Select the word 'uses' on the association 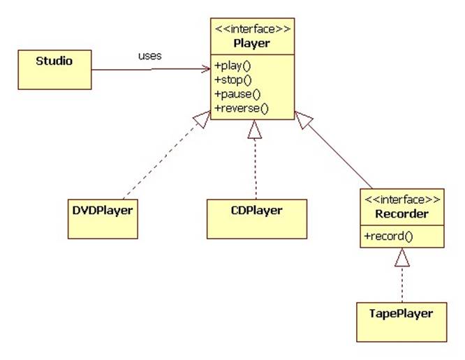click(150, 56)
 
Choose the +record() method click(388, 236)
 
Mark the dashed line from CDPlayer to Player click(256, 167)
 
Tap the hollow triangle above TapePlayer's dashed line click(401, 259)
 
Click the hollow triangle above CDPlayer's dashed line click(256, 129)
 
